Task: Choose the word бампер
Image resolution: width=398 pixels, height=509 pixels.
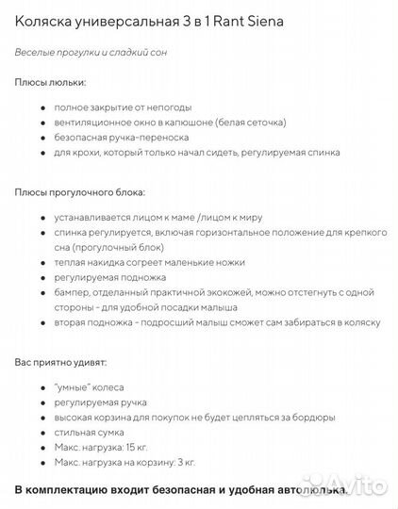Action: coord(71,292)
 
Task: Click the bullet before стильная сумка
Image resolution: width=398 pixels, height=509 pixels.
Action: coord(42,432)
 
